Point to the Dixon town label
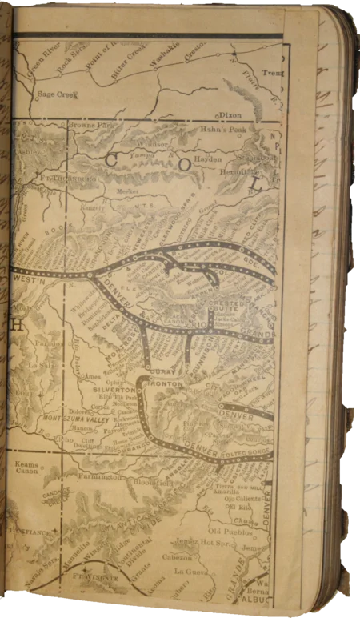coord(230,114)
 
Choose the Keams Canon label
coord(29,466)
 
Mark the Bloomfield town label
coord(153,483)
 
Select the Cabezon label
coord(190,556)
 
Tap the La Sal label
coord(39,365)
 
